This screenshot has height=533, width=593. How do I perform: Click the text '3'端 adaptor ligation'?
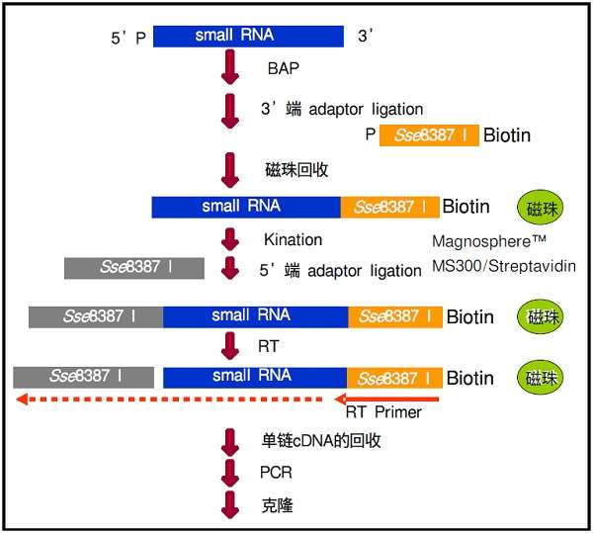(341, 109)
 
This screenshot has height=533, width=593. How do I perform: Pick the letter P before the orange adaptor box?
(370, 135)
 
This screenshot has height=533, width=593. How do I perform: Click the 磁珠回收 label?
(296, 170)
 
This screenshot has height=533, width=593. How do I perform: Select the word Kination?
(293, 239)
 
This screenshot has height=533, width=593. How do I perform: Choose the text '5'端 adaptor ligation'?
(341, 270)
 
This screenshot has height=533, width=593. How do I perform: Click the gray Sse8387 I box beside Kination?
(133, 267)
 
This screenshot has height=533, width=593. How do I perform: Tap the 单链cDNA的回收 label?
(321, 440)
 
